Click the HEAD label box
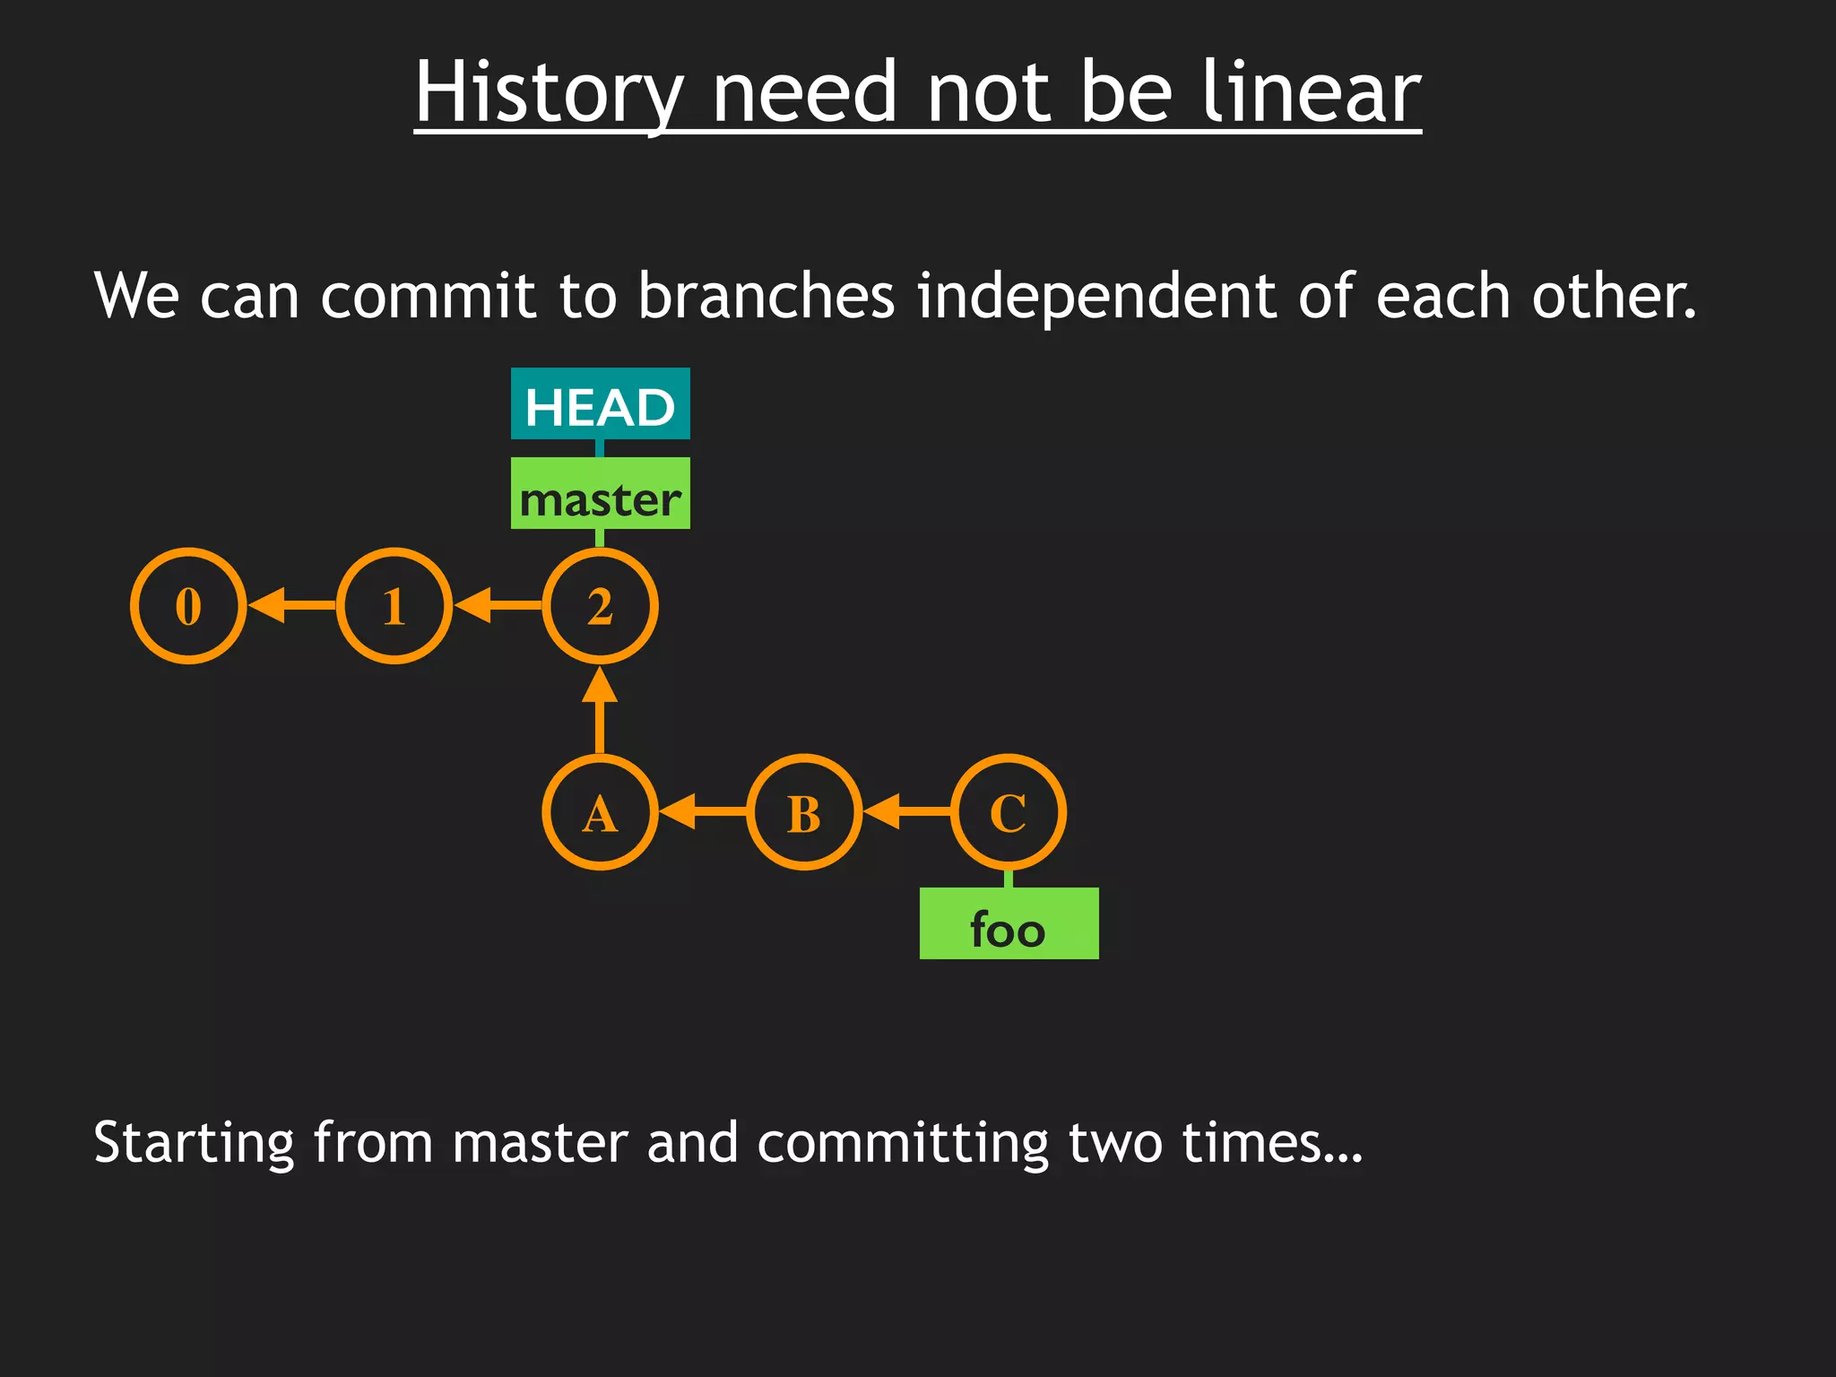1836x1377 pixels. [600, 404]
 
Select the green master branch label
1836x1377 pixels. [600, 494]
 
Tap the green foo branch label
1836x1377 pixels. [1009, 924]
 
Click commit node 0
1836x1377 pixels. [188, 606]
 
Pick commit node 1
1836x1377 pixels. [394, 606]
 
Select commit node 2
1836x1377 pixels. [600, 606]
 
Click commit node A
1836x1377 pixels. [600, 812]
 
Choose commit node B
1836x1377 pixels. [804, 812]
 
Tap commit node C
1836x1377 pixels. [1009, 812]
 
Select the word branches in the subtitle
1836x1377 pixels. [766, 296]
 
